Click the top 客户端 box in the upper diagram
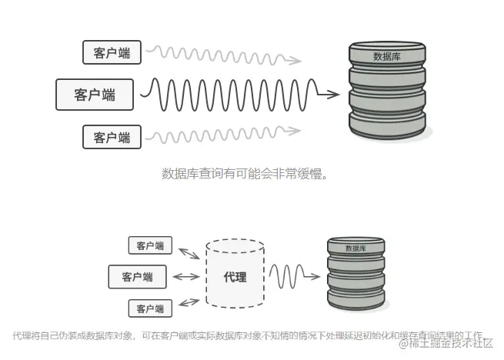pyautogui.click(x=112, y=52)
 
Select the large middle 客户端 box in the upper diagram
pyautogui.click(x=95, y=95)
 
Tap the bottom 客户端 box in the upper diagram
pyautogui.click(x=112, y=138)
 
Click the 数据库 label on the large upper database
pyautogui.click(x=386, y=56)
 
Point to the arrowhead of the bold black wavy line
pyautogui.click(x=332, y=95)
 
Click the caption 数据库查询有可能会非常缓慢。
pyautogui.click(x=245, y=173)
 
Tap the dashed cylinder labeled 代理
pyautogui.click(x=235, y=275)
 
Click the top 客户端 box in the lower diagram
pyautogui.click(x=150, y=246)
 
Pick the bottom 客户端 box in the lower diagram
pyautogui.click(x=150, y=308)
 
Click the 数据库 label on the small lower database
pyautogui.click(x=355, y=248)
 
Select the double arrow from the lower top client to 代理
pyautogui.click(x=189, y=252)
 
